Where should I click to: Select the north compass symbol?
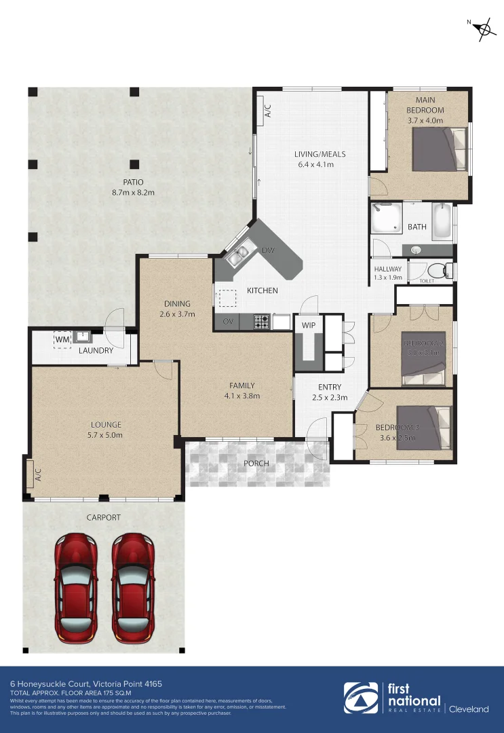click(x=484, y=29)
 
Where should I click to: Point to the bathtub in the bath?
click(x=442, y=222)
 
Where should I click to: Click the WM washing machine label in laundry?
click(x=62, y=339)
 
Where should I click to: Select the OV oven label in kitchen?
click(x=228, y=321)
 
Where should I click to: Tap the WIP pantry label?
click(x=309, y=325)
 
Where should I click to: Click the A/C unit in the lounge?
click(x=31, y=472)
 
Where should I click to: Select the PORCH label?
click(x=256, y=464)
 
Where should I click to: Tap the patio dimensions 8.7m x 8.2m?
click(x=133, y=192)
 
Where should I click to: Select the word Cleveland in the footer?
click(x=470, y=709)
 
